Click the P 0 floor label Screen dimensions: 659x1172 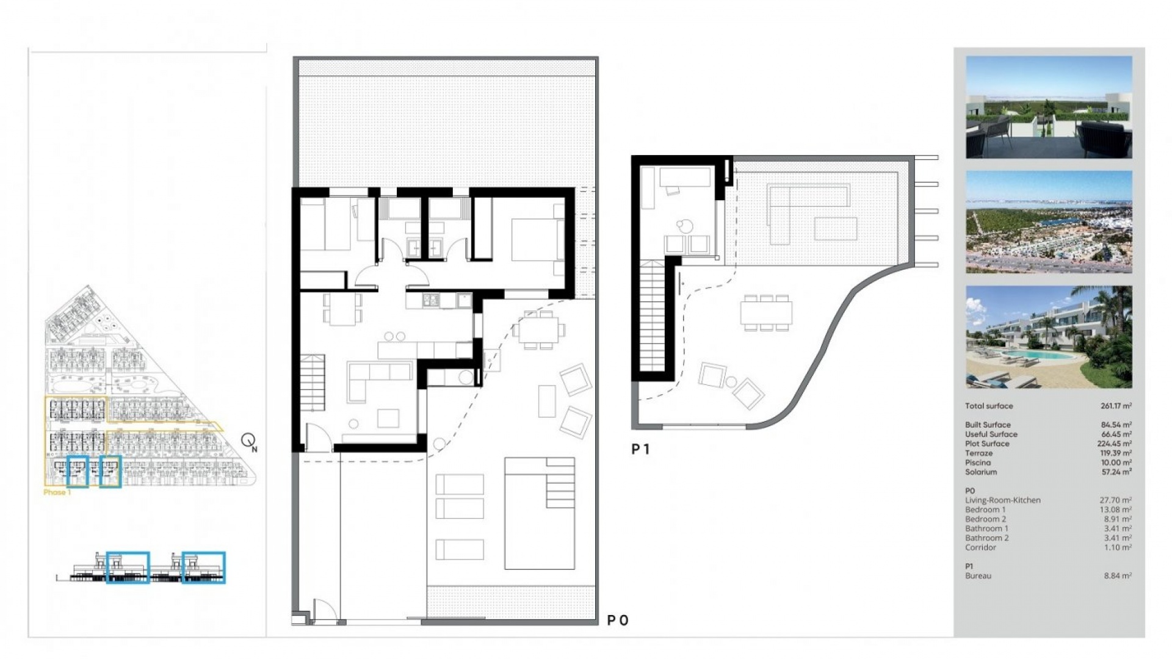(617, 621)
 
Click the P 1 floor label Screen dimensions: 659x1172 (640, 450)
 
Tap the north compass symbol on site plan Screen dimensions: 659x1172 (249, 441)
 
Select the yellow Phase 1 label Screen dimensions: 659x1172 (57, 492)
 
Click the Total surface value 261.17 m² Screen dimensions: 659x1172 (1116, 406)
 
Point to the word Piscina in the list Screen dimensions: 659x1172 (977, 463)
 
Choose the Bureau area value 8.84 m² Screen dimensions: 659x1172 (1117, 575)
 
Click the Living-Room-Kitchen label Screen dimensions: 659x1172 (1002, 500)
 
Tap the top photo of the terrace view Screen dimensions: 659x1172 (1049, 107)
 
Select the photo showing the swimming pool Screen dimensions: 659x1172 (1049, 337)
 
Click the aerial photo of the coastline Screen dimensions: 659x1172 (1049, 222)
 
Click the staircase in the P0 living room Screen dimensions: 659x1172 (312, 382)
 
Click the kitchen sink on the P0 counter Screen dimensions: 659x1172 (431, 300)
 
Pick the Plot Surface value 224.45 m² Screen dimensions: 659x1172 (1116, 444)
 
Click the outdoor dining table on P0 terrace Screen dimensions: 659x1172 (539, 330)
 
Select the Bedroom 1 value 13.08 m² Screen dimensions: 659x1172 (1116, 510)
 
